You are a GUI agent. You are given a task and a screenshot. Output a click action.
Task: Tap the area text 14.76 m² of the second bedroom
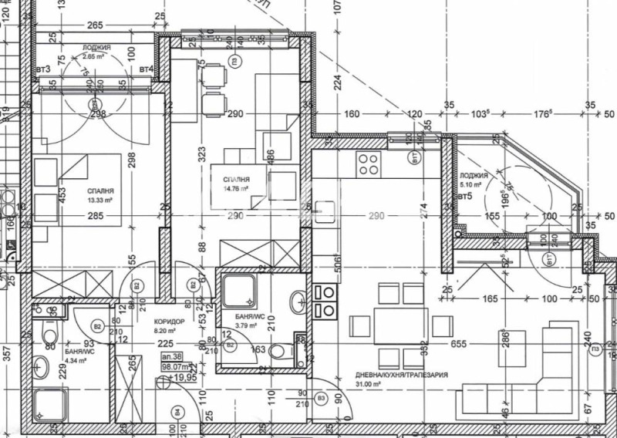(x=234, y=187)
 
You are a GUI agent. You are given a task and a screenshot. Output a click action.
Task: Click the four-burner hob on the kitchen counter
(x=368, y=163)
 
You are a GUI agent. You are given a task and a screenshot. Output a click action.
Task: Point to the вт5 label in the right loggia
(x=465, y=197)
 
